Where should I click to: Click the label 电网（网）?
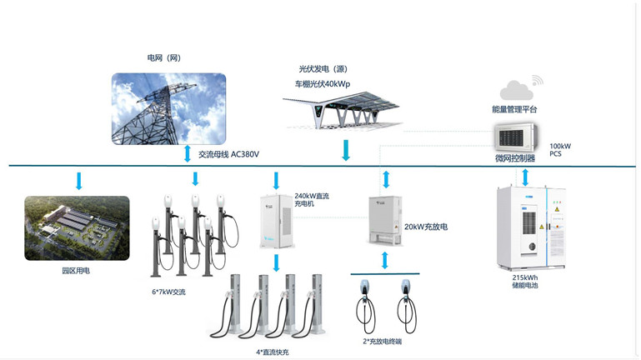(163, 58)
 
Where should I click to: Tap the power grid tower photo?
(169, 108)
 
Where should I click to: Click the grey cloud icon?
(516, 88)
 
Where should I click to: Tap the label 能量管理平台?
(514, 109)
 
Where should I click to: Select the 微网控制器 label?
(514, 157)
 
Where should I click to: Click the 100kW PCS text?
(560, 150)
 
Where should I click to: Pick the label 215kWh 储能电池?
(524, 281)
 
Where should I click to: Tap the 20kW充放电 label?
(426, 227)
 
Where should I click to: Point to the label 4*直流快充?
(273, 352)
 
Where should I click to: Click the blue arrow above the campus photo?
(79, 180)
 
